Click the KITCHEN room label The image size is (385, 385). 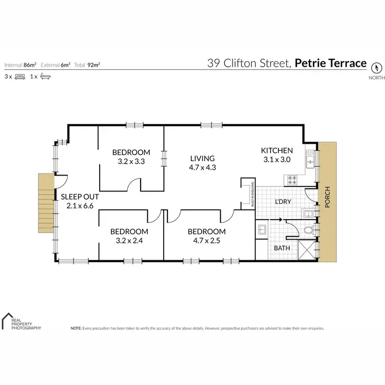[x=277, y=150]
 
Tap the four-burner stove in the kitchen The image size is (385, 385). [x=292, y=180]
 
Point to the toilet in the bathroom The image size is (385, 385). [x=308, y=230]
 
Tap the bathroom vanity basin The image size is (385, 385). [x=261, y=229]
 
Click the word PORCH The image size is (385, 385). [x=328, y=200]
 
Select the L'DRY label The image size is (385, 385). [x=283, y=202]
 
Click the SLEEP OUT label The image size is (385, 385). [x=80, y=197]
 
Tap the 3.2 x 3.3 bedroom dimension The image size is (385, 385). [x=131, y=161]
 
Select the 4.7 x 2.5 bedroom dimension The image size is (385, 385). [x=206, y=241]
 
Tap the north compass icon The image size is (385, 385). [x=376, y=67]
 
